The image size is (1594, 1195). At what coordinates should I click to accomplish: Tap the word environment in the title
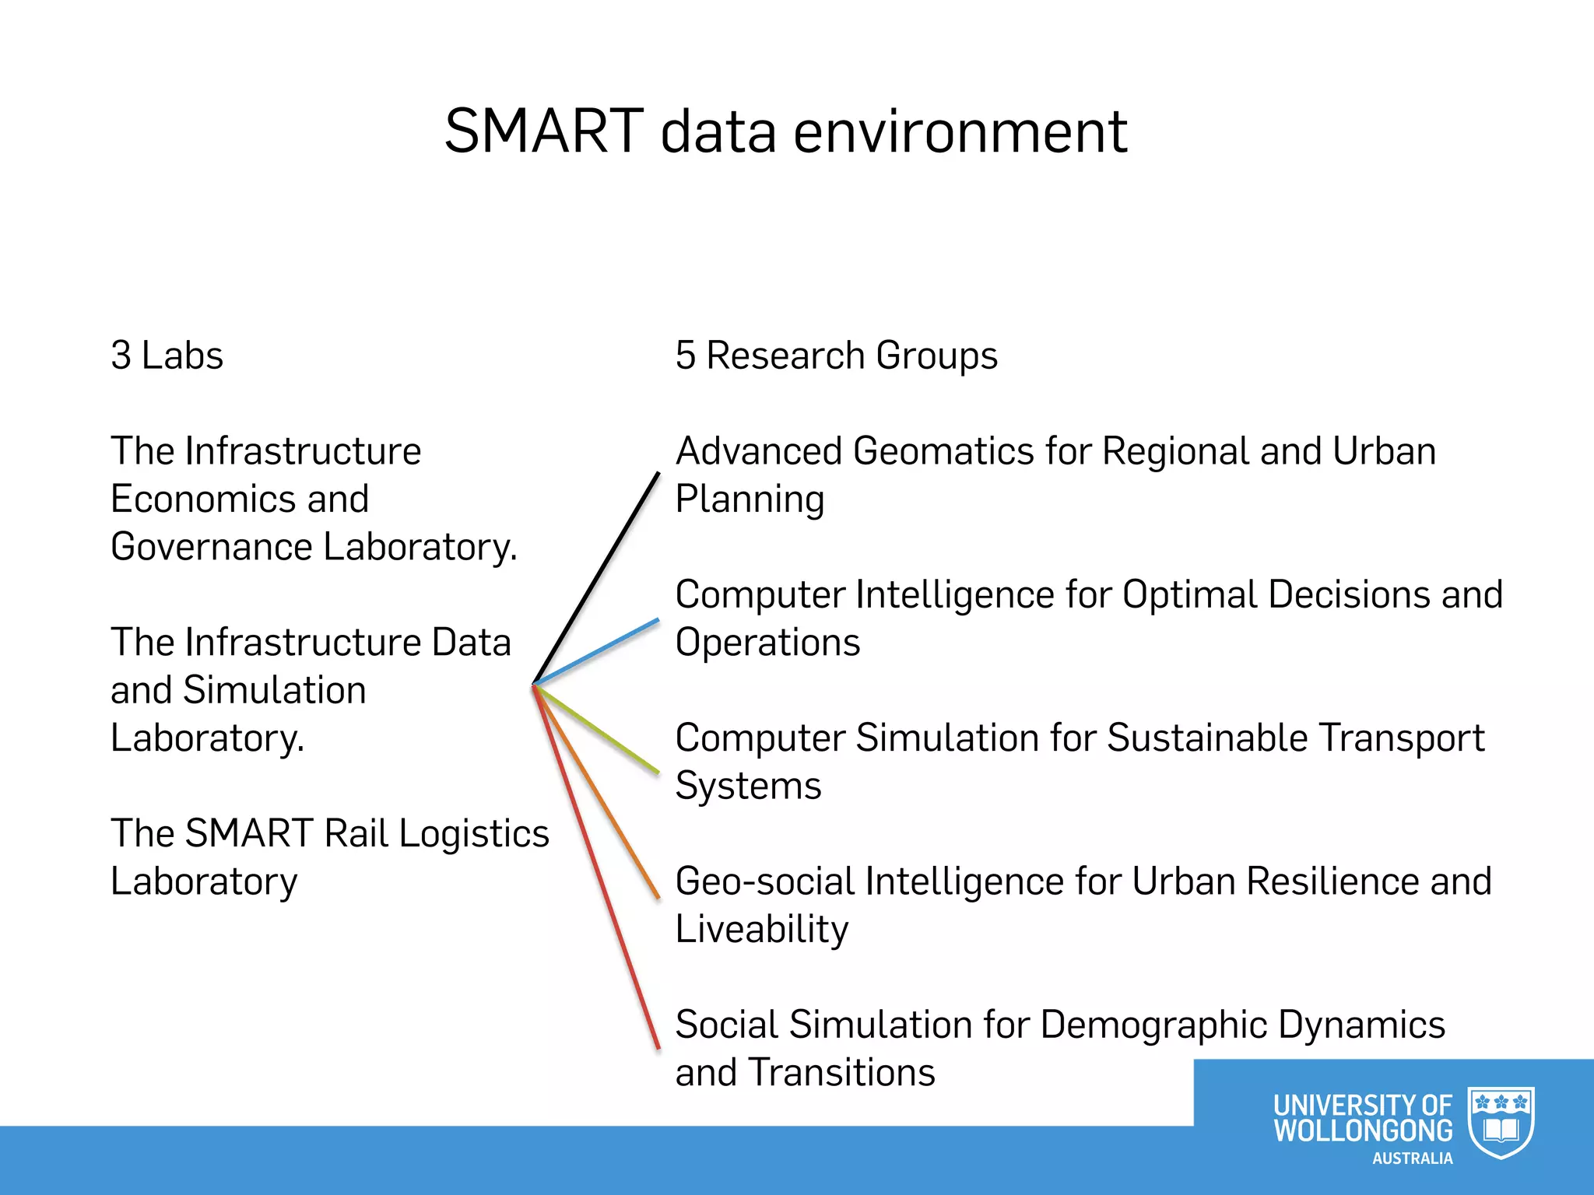pyautogui.click(x=960, y=132)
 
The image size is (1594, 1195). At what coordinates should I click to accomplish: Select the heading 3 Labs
pyautogui.click(x=167, y=356)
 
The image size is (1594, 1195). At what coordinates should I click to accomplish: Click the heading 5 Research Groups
pyautogui.click(x=836, y=356)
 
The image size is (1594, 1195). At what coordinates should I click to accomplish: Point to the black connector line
pyautogui.click(x=597, y=578)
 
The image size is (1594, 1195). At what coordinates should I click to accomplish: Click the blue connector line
pyautogui.click(x=597, y=651)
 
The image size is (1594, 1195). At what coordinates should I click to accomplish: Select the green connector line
pyautogui.click(x=597, y=729)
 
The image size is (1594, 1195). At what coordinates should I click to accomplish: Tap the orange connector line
pyautogui.click(x=597, y=791)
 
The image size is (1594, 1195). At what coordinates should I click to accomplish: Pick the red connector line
pyautogui.click(x=597, y=867)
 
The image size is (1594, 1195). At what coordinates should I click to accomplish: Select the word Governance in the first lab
pyautogui.click(x=212, y=546)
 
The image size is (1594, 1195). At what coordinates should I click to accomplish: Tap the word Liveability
pyautogui.click(x=761, y=930)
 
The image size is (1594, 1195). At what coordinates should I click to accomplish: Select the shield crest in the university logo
pyautogui.click(x=1501, y=1122)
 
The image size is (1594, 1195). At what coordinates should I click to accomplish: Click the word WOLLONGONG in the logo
pyautogui.click(x=1363, y=1130)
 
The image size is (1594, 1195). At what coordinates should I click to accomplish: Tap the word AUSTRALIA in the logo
pyautogui.click(x=1412, y=1158)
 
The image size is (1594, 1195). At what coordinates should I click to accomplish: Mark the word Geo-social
pyautogui.click(x=764, y=881)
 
